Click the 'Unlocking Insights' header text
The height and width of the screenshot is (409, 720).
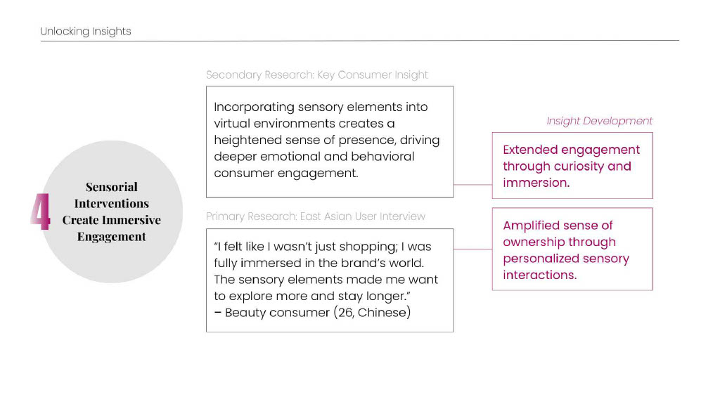point(86,32)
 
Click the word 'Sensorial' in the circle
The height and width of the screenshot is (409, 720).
point(112,187)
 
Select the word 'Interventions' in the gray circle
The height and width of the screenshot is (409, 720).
point(112,204)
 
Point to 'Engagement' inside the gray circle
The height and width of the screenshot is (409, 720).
point(112,237)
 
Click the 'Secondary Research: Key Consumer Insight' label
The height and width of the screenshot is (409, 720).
point(316,75)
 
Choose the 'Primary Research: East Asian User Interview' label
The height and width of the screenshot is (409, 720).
point(316,216)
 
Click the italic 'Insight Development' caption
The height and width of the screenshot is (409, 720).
point(599,121)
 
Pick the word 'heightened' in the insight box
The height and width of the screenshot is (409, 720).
point(245,140)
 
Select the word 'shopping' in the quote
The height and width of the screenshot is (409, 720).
point(366,247)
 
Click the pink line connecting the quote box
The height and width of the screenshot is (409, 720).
point(472,249)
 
